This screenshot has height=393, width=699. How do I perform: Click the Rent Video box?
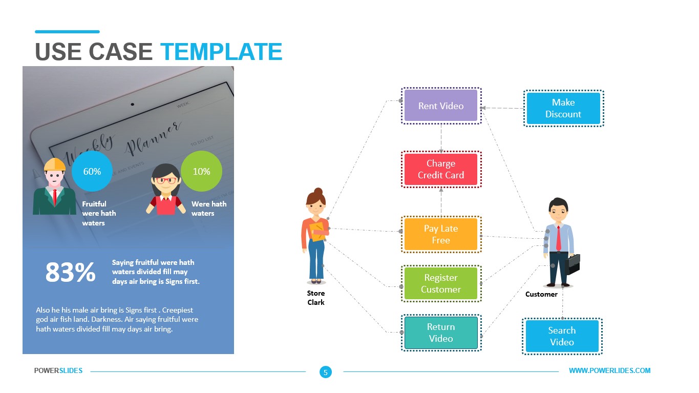[440, 106]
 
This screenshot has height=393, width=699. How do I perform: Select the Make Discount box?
[563, 108]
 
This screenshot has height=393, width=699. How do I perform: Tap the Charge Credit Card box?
[440, 169]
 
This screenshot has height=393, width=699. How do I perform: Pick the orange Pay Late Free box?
[440, 234]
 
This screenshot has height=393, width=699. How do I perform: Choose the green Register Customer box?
[440, 283]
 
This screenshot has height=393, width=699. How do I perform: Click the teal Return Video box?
[440, 333]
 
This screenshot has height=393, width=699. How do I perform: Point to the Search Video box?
[562, 336]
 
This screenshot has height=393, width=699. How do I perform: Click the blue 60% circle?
[92, 172]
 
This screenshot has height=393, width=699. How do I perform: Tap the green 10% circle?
[201, 172]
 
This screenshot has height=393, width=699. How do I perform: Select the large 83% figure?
[70, 273]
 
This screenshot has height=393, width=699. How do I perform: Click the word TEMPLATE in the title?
[221, 52]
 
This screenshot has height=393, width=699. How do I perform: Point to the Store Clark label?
[316, 298]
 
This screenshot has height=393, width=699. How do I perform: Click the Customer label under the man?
[541, 294]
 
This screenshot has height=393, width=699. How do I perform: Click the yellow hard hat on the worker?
[55, 164]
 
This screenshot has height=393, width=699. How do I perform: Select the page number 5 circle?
[325, 373]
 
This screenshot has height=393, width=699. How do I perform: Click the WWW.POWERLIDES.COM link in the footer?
[609, 370]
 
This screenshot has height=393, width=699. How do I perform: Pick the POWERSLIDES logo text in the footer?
[58, 370]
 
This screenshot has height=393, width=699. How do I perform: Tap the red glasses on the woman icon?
[165, 180]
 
